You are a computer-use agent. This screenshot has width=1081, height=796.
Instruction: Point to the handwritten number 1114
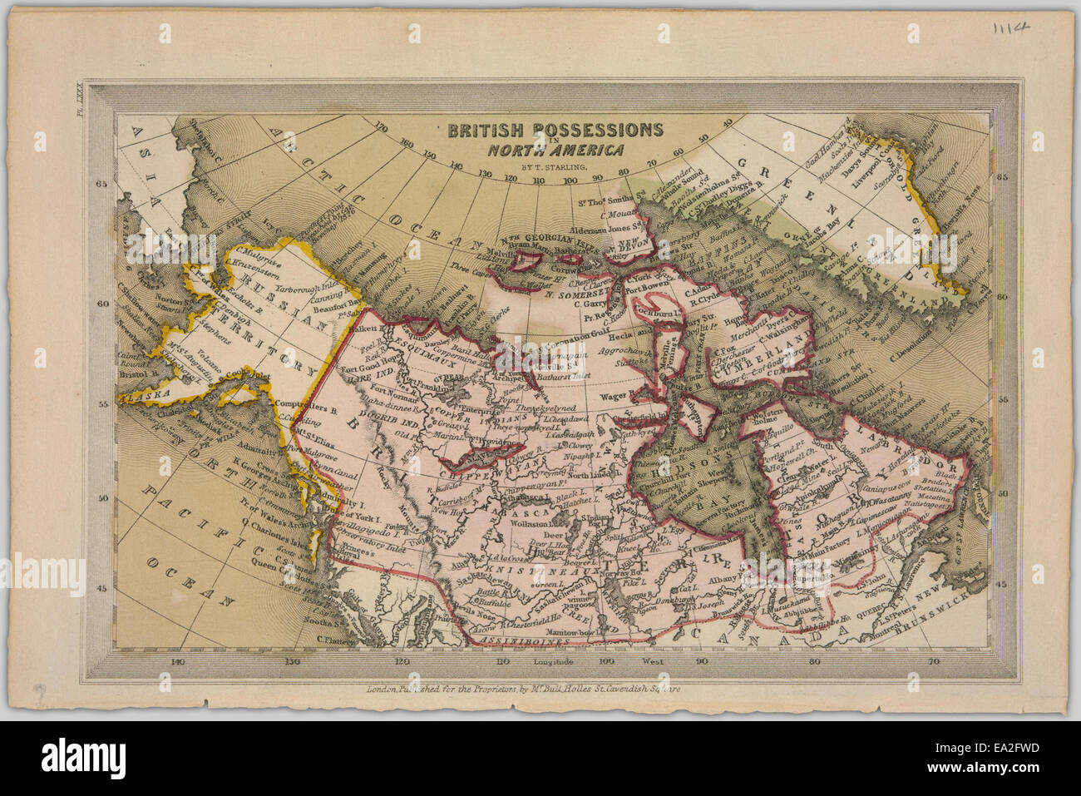click(x=1010, y=27)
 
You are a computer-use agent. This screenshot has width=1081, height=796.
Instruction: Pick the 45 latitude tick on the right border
click(x=1002, y=585)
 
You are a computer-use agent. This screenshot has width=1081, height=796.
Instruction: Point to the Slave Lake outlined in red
click(x=476, y=452)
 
